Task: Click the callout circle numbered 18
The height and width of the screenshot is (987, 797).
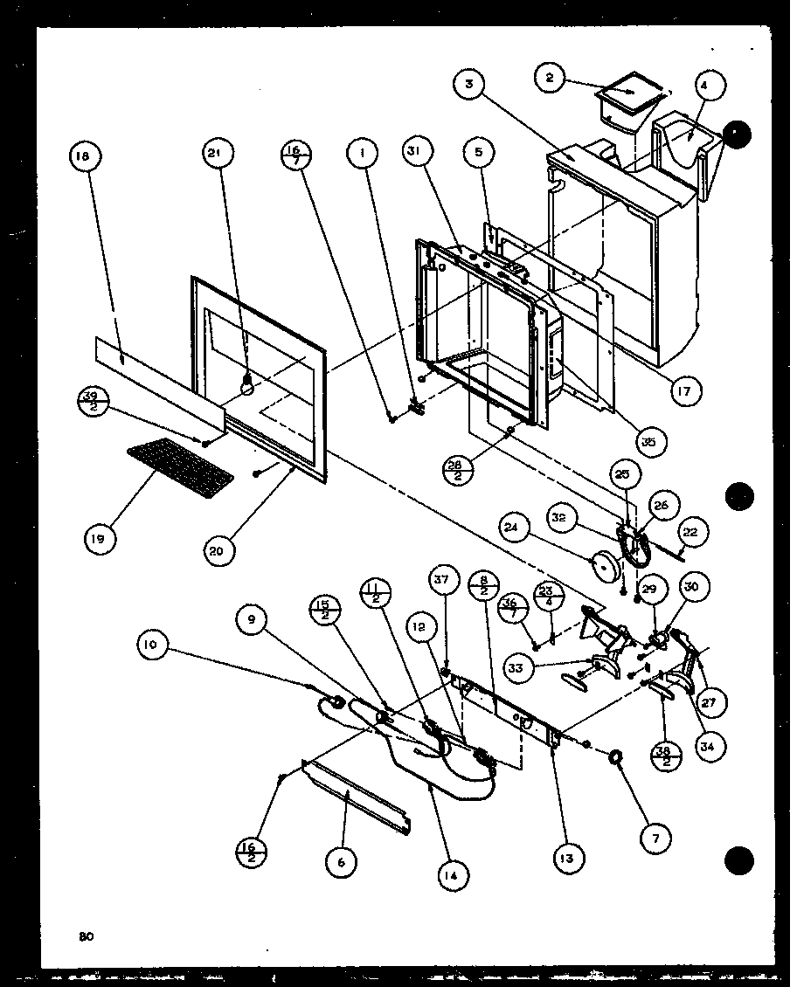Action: click(84, 157)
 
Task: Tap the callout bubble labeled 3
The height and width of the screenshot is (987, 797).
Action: click(470, 85)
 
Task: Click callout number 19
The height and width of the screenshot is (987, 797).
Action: click(97, 539)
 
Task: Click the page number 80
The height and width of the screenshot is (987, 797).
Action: click(85, 937)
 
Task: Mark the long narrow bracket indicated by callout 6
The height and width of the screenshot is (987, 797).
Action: click(354, 795)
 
